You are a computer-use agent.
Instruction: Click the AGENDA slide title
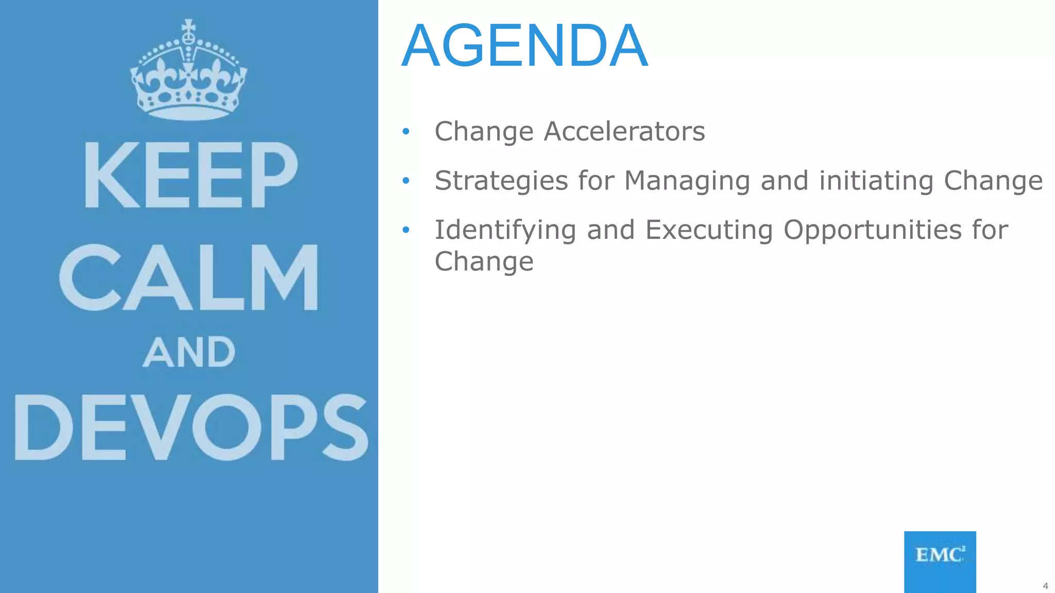[524, 46]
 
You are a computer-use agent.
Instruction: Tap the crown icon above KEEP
[189, 72]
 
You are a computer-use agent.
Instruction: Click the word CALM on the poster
[189, 278]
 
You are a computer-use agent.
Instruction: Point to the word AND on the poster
[189, 353]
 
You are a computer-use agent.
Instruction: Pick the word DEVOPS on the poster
[191, 427]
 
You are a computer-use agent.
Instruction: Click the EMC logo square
[940, 561]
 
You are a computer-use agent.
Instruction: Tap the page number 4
[1045, 586]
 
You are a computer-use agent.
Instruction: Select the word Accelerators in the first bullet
[624, 131]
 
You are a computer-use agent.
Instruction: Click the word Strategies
[501, 181]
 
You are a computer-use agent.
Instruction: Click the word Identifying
[505, 230]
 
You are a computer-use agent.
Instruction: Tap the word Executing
[709, 230]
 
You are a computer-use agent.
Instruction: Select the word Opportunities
[872, 230]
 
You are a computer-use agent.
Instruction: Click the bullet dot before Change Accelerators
[406, 132]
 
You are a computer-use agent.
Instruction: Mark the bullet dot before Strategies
[406, 181]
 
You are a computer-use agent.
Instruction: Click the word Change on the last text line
[484, 262]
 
